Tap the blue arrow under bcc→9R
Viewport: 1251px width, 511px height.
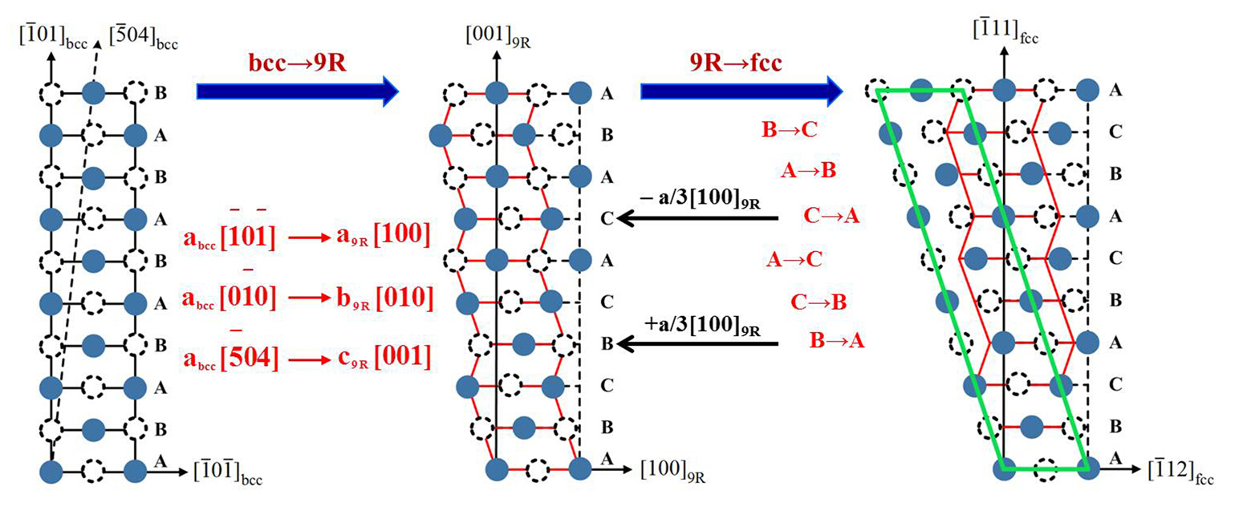(297, 92)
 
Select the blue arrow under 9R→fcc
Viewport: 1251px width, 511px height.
(735, 92)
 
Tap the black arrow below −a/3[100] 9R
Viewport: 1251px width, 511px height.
(699, 217)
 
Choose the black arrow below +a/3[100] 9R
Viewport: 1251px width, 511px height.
(699, 344)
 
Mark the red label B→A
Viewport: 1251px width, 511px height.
(837, 341)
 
